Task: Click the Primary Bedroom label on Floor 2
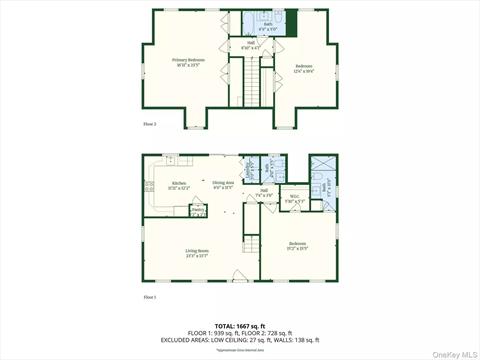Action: coord(187,62)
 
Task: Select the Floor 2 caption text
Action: coord(150,124)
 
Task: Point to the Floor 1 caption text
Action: coord(150,297)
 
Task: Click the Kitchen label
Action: coord(179,185)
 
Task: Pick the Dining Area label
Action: coord(223,185)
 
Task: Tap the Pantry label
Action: coord(198,211)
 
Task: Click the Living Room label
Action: coord(196,252)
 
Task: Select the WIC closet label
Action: coord(294,200)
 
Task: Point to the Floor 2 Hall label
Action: coord(250,44)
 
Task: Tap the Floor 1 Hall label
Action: coord(264,192)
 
